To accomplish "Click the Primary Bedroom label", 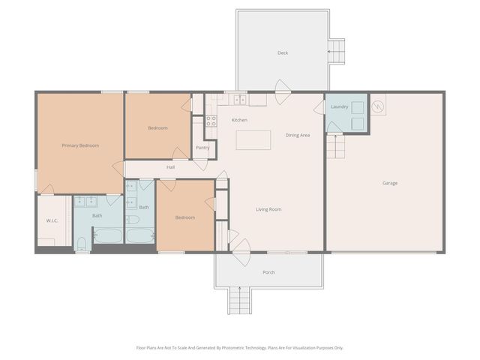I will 80,145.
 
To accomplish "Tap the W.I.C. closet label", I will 52,220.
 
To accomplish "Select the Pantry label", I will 202,148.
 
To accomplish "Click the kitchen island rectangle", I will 253,140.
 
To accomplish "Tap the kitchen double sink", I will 240,99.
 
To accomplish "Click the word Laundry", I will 340,107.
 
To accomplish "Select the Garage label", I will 390,183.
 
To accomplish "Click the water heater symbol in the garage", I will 379,108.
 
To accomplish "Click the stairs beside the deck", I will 337,52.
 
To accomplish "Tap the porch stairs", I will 239,301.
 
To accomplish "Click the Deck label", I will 283,52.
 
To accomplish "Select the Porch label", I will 268,272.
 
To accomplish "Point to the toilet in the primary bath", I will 82,241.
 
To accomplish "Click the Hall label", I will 170,166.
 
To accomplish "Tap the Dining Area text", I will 298,135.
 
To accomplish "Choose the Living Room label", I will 268,209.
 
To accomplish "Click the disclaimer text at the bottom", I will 240,348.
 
